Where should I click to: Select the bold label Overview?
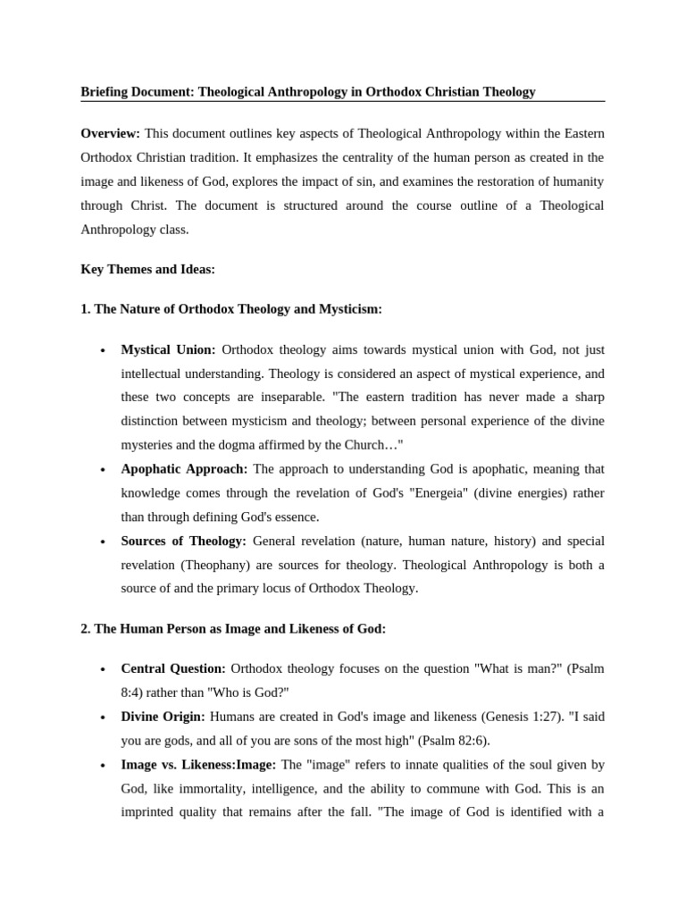click(111, 133)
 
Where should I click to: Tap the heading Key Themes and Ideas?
click(147, 268)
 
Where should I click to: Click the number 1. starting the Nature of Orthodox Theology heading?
click(86, 309)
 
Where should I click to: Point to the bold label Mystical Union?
click(169, 350)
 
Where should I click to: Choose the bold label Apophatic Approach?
click(185, 469)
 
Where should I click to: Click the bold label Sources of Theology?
click(184, 541)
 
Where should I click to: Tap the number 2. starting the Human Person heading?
click(86, 629)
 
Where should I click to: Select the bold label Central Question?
click(173, 669)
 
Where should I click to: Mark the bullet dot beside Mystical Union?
click(105, 351)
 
